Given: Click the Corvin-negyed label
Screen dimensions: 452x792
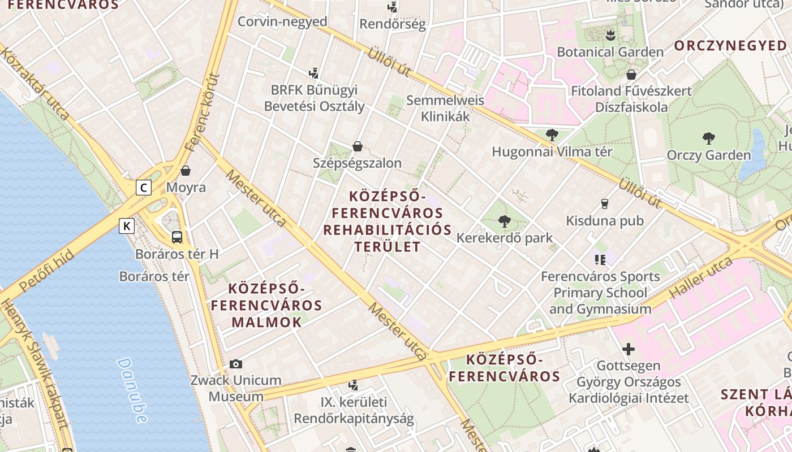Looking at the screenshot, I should coord(282,21).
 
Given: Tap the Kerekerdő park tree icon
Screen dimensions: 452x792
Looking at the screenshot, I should coord(504,221).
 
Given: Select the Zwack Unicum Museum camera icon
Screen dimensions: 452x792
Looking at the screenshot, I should coord(236,364).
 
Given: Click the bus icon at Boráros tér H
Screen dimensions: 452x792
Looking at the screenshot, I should coord(177,237).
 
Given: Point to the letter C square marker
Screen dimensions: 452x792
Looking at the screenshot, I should coord(144,187).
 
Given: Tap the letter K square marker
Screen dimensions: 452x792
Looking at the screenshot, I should coord(127,227).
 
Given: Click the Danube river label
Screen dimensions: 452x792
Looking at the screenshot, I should coord(132,390).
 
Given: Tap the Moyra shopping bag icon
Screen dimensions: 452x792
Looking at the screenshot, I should coord(186,171).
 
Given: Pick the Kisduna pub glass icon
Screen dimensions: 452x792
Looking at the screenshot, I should coord(605,203).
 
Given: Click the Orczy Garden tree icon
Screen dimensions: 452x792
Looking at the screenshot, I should coord(708,138).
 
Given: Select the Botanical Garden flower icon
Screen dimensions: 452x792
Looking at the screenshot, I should coord(610,36).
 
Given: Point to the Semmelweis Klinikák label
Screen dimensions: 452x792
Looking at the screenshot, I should coord(445,108).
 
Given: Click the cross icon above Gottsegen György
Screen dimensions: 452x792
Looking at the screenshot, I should coord(628,349).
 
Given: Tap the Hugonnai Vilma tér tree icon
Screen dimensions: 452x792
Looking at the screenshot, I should coord(552,135).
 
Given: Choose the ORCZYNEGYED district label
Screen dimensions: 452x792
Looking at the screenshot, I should coord(730,46).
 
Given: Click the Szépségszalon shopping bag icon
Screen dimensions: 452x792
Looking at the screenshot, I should coord(358,146).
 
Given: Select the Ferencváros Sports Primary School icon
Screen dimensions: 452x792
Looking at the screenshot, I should coord(600,260).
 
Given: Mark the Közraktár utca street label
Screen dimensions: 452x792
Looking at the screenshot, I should coord(35,84).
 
